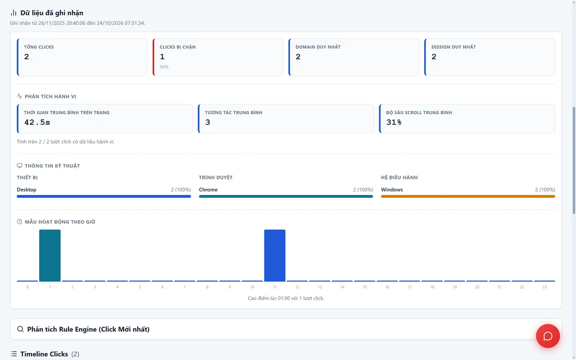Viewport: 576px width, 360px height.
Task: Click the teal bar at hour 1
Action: (50, 255)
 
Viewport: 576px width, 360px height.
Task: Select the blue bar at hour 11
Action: (275, 255)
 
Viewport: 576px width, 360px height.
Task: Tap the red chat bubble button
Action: (548, 336)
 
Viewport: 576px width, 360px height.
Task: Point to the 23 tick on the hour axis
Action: (544, 287)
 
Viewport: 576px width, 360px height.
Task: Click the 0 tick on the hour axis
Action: (27, 287)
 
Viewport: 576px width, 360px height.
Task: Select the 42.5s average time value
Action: (37, 122)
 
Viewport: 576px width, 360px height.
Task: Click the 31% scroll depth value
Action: (394, 122)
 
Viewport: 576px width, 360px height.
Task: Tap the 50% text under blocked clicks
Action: (164, 67)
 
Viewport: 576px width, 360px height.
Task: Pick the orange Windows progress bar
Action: (468, 196)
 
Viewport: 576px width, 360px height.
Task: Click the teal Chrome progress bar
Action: (286, 196)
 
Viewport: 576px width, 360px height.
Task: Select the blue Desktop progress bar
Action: (104, 196)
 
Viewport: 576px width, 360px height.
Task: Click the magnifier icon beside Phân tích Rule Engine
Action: (20, 329)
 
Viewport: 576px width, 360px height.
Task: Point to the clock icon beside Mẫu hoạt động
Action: (20, 222)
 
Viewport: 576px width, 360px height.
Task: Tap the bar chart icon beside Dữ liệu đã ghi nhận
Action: (13, 13)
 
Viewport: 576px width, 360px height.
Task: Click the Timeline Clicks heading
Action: (44, 354)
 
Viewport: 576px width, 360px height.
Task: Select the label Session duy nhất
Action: (453, 47)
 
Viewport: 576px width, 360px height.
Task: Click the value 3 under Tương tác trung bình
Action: (207, 122)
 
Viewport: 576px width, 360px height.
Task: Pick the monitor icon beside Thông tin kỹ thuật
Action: (20, 166)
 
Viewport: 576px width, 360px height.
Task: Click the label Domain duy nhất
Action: (318, 47)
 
